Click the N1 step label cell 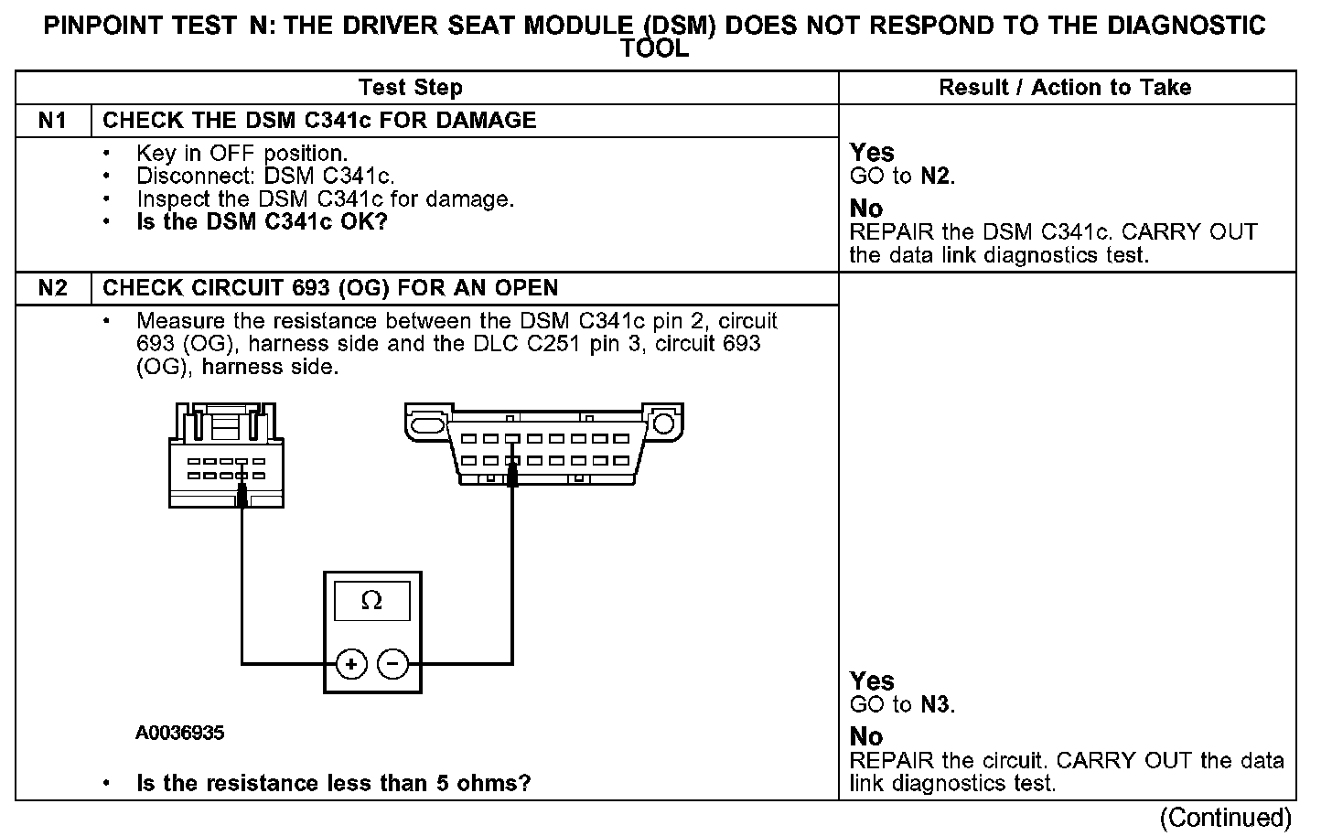click(53, 121)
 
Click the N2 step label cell click(53, 288)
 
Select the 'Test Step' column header click(410, 88)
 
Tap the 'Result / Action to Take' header click(1065, 88)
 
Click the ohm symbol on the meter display click(371, 601)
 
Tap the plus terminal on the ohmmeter click(351, 664)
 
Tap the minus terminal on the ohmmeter click(393, 664)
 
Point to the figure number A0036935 click(180, 733)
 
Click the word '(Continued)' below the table click(1226, 817)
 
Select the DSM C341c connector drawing click(227, 456)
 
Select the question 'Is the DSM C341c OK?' click(263, 222)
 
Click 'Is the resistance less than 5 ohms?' click(334, 784)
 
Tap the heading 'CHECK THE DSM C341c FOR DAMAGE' click(319, 121)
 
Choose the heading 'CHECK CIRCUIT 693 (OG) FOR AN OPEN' click(330, 288)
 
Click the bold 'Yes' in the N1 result click(872, 152)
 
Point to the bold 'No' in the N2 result click(866, 736)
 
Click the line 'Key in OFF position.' click(242, 153)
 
